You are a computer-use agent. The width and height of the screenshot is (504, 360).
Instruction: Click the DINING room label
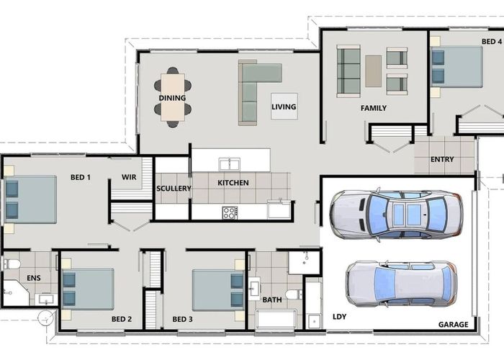[x=172, y=98]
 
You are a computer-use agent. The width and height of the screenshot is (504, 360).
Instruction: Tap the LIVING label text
[x=284, y=107]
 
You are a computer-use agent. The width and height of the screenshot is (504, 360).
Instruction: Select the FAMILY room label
[x=374, y=108]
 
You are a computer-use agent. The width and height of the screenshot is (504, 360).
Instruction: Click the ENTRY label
[x=441, y=159]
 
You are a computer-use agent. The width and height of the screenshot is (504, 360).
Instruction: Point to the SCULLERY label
[x=174, y=189]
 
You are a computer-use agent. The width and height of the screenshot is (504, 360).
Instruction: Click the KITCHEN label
[x=233, y=183]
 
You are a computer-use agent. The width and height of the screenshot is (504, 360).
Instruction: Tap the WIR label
[x=129, y=176]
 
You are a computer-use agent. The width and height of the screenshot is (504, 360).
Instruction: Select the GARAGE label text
[x=454, y=325]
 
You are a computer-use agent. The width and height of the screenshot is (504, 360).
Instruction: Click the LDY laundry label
[x=339, y=316]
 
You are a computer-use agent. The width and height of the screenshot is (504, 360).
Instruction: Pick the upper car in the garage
[x=396, y=214]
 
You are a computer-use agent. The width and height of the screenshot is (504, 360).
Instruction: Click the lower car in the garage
[x=401, y=283]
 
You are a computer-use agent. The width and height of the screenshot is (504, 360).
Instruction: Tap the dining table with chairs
[x=173, y=97]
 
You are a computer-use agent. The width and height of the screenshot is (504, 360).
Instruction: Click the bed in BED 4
[x=456, y=67]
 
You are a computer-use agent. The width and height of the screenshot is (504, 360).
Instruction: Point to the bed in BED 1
[x=30, y=199]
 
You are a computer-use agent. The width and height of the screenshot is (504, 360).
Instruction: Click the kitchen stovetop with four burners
[x=230, y=212]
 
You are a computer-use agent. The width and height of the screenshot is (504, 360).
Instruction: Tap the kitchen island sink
[x=230, y=163]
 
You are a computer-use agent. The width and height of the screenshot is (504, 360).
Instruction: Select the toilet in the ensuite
[x=12, y=264]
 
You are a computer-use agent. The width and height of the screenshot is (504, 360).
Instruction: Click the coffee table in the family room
[x=373, y=71]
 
